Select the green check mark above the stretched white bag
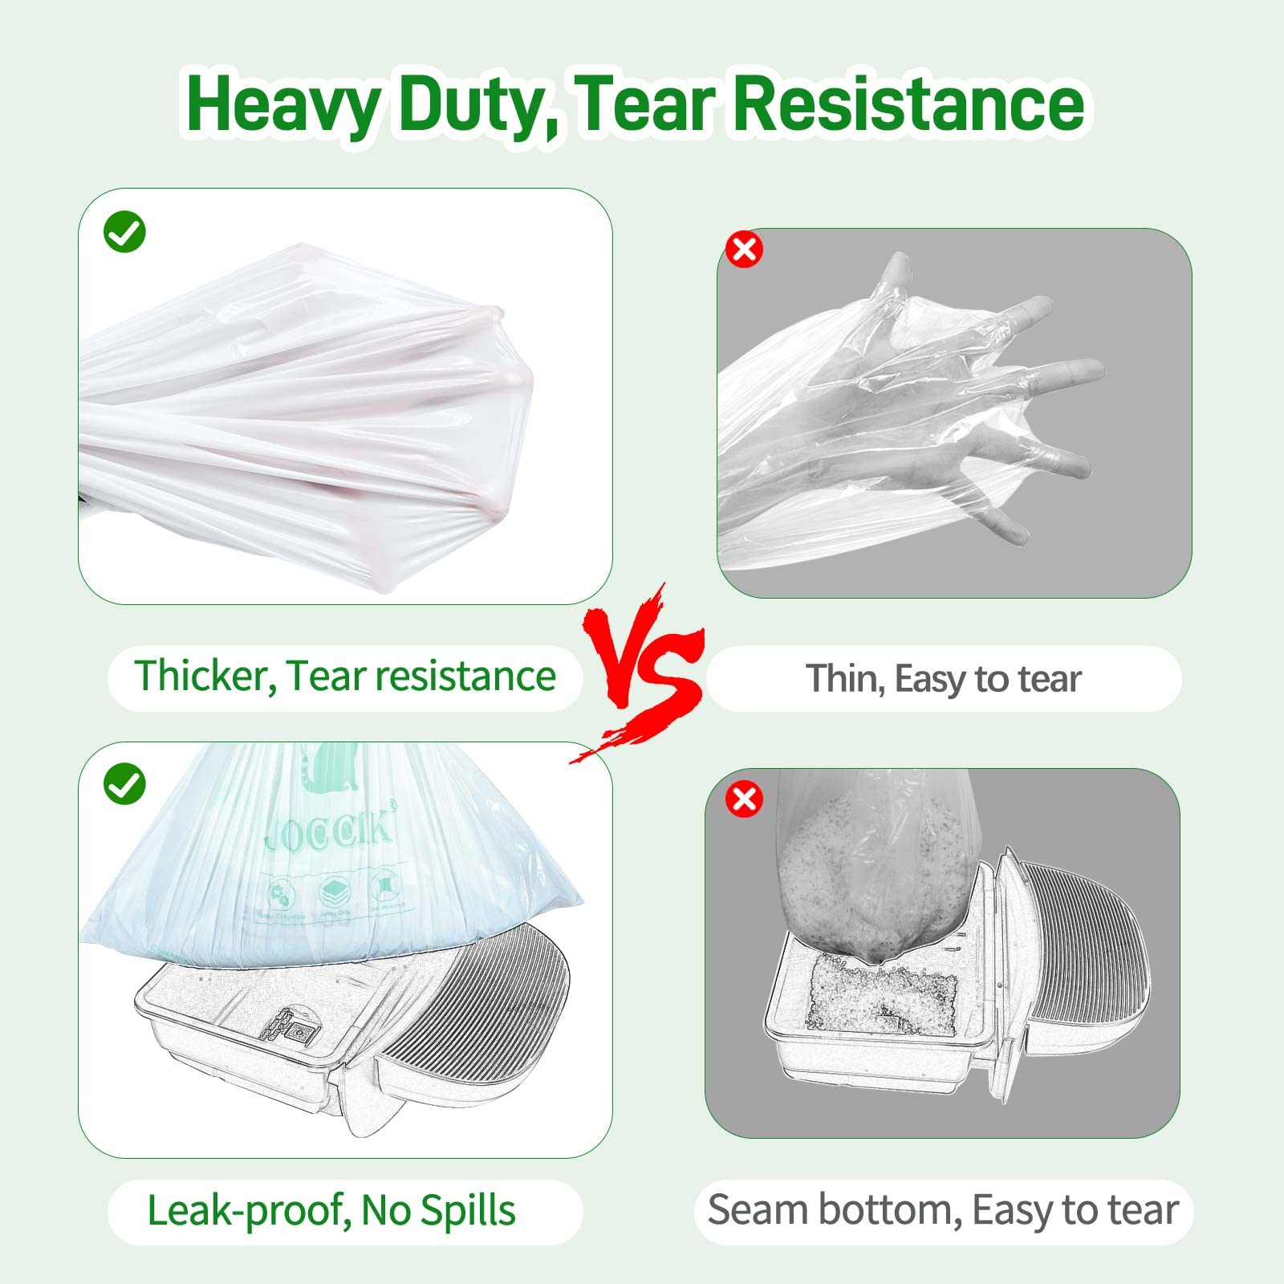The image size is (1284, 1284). click(124, 232)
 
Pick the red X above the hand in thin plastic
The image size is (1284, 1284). click(744, 249)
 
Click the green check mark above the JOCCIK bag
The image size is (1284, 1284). click(124, 783)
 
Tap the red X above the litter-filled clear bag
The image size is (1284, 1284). click(744, 799)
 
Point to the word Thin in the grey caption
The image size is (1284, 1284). click(843, 679)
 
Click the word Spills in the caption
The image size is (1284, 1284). click(468, 1210)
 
